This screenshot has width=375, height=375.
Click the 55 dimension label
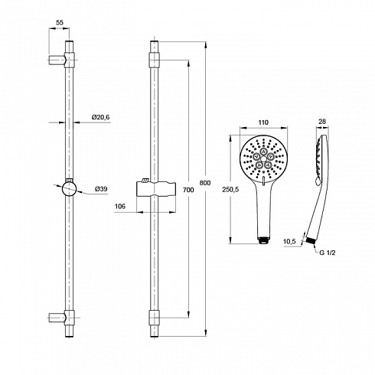(x=60, y=22)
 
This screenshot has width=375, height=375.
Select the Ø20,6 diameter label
(x=101, y=117)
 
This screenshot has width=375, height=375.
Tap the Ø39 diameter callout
(x=101, y=189)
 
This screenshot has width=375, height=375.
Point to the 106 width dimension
(x=120, y=206)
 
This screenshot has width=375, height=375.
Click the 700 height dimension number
(x=188, y=190)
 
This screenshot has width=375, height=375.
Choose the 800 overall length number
(x=205, y=183)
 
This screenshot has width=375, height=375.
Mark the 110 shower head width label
(x=263, y=122)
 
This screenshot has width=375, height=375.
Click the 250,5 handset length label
(x=230, y=190)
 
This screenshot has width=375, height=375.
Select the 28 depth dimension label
(x=322, y=122)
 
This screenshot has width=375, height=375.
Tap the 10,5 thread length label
(x=289, y=241)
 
